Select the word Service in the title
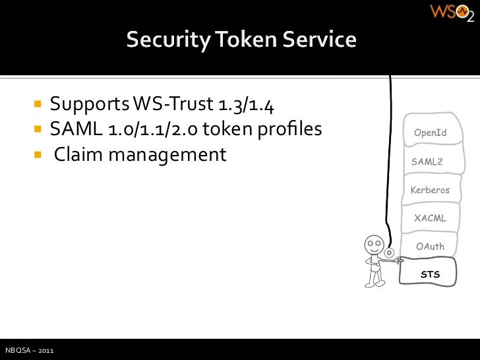(x=321, y=41)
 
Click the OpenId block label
(x=430, y=133)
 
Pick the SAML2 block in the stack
(x=427, y=162)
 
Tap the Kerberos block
(x=430, y=190)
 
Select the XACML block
(x=430, y=218)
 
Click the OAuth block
(x=430, y=246)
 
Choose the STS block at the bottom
(x=430, y=274)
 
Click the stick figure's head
(x=374, y=245)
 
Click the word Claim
(x=77, y=156)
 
